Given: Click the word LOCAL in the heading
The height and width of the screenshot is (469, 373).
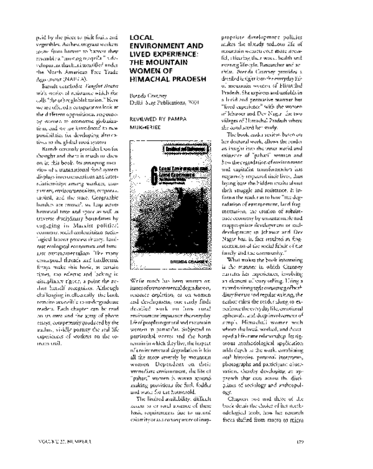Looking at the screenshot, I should (140, 38).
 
